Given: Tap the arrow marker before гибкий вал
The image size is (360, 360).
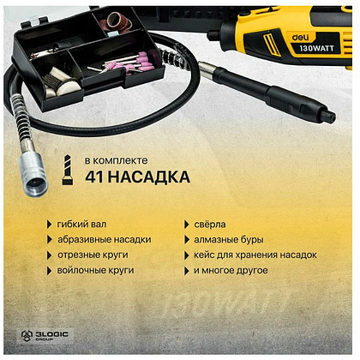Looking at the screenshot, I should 49,225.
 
